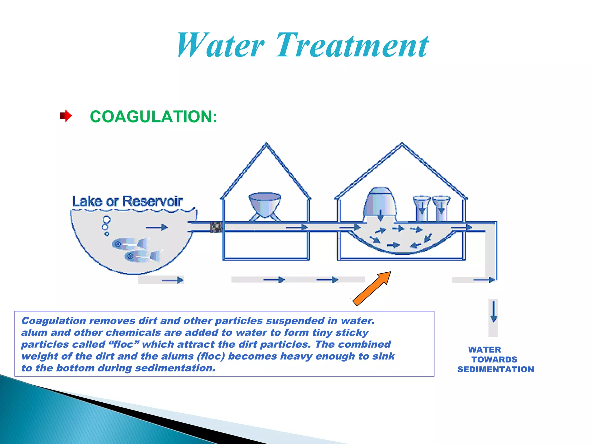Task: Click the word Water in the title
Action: (x=220, y=46)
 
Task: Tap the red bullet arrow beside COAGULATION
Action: (x=66, y=116)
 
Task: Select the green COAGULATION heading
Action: (x=153, y=117)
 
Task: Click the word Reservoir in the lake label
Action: (x=152, y=201)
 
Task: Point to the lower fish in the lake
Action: (x=142, y=256)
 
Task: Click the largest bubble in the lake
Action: (x=107, y=220)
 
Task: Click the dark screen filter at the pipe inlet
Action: (x=216, y=227)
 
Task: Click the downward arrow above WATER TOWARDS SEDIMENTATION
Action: (x=493, y=312)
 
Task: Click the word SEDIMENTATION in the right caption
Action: (x=495, y=369)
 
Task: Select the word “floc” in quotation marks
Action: (x=124, y=344)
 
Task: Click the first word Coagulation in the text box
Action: (x=54, y=321)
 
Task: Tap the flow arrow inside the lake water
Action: (x=157, y=227)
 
